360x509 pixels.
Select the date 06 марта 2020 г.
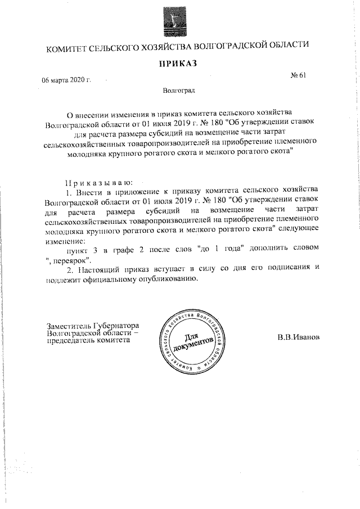pyautogui.click(x=66, y=80)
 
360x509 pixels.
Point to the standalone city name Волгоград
pyautogui.click(x=179, y=90)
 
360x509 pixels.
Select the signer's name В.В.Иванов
pyautogui.click(x=298, y=338)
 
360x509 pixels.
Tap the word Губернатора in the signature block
pyautogui.click(x=112, y=325)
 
